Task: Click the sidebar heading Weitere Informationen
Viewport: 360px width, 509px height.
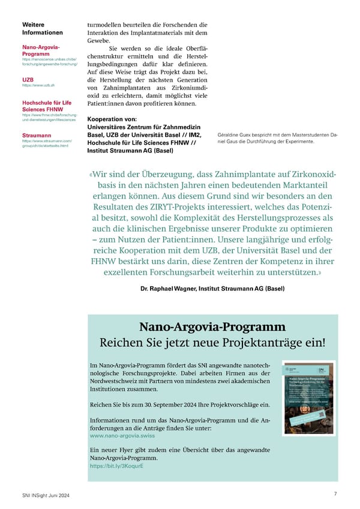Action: click(42, 28)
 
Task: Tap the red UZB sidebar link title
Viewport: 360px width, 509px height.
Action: click(28, 79)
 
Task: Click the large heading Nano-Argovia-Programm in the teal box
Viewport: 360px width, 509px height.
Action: click(212, 327)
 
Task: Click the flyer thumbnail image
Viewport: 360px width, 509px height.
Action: click(309, 398)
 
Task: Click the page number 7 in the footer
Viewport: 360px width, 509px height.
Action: click(335, 493)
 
